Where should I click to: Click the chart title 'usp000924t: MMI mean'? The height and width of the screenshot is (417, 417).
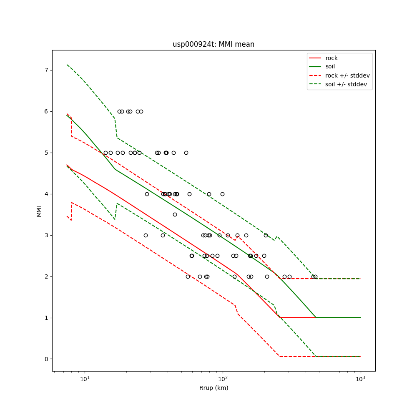[214, 44]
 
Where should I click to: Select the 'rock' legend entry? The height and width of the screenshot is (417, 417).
[332, 58]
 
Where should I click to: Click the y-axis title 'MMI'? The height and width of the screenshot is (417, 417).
[39, 211]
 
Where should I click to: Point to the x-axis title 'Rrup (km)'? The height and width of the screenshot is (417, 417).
[214, 388]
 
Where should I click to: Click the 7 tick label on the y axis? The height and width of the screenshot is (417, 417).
[46, 70]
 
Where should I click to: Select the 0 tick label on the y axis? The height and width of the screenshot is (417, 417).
[46, 359]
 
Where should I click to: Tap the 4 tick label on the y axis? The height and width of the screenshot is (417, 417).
[46, 194]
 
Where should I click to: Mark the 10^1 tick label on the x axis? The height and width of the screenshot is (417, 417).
[85, 379]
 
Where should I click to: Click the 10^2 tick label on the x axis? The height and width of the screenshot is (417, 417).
[223, 379]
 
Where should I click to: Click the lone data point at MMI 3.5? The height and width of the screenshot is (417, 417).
[175, 214]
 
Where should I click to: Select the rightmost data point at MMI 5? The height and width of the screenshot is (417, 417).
[186, 153]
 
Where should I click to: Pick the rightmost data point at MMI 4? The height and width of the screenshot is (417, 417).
[222, 194]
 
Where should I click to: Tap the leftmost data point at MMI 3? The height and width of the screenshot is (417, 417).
[146, 235]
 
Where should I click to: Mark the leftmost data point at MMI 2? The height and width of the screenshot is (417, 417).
[188, 276]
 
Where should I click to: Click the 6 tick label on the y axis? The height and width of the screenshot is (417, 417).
[46, 111]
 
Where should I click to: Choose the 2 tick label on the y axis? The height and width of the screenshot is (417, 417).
[46, 276]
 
